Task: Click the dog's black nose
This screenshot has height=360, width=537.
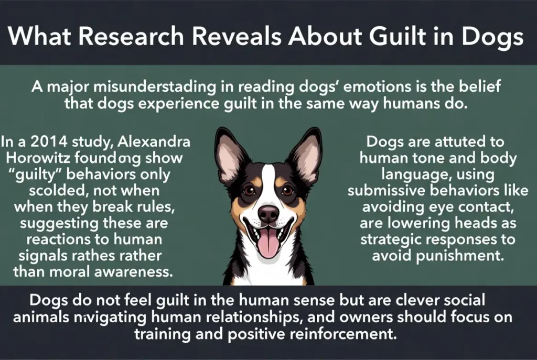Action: (x=268, y=213)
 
